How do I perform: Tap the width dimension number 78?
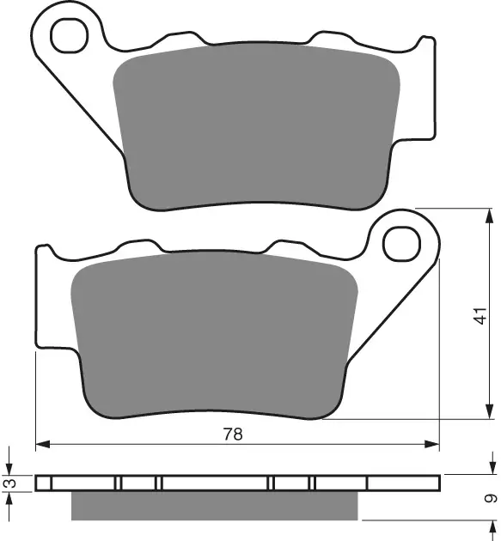(x=233, y=435)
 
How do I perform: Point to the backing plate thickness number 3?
(x=9, y=484)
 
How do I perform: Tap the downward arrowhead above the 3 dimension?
(x=9, y=469)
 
